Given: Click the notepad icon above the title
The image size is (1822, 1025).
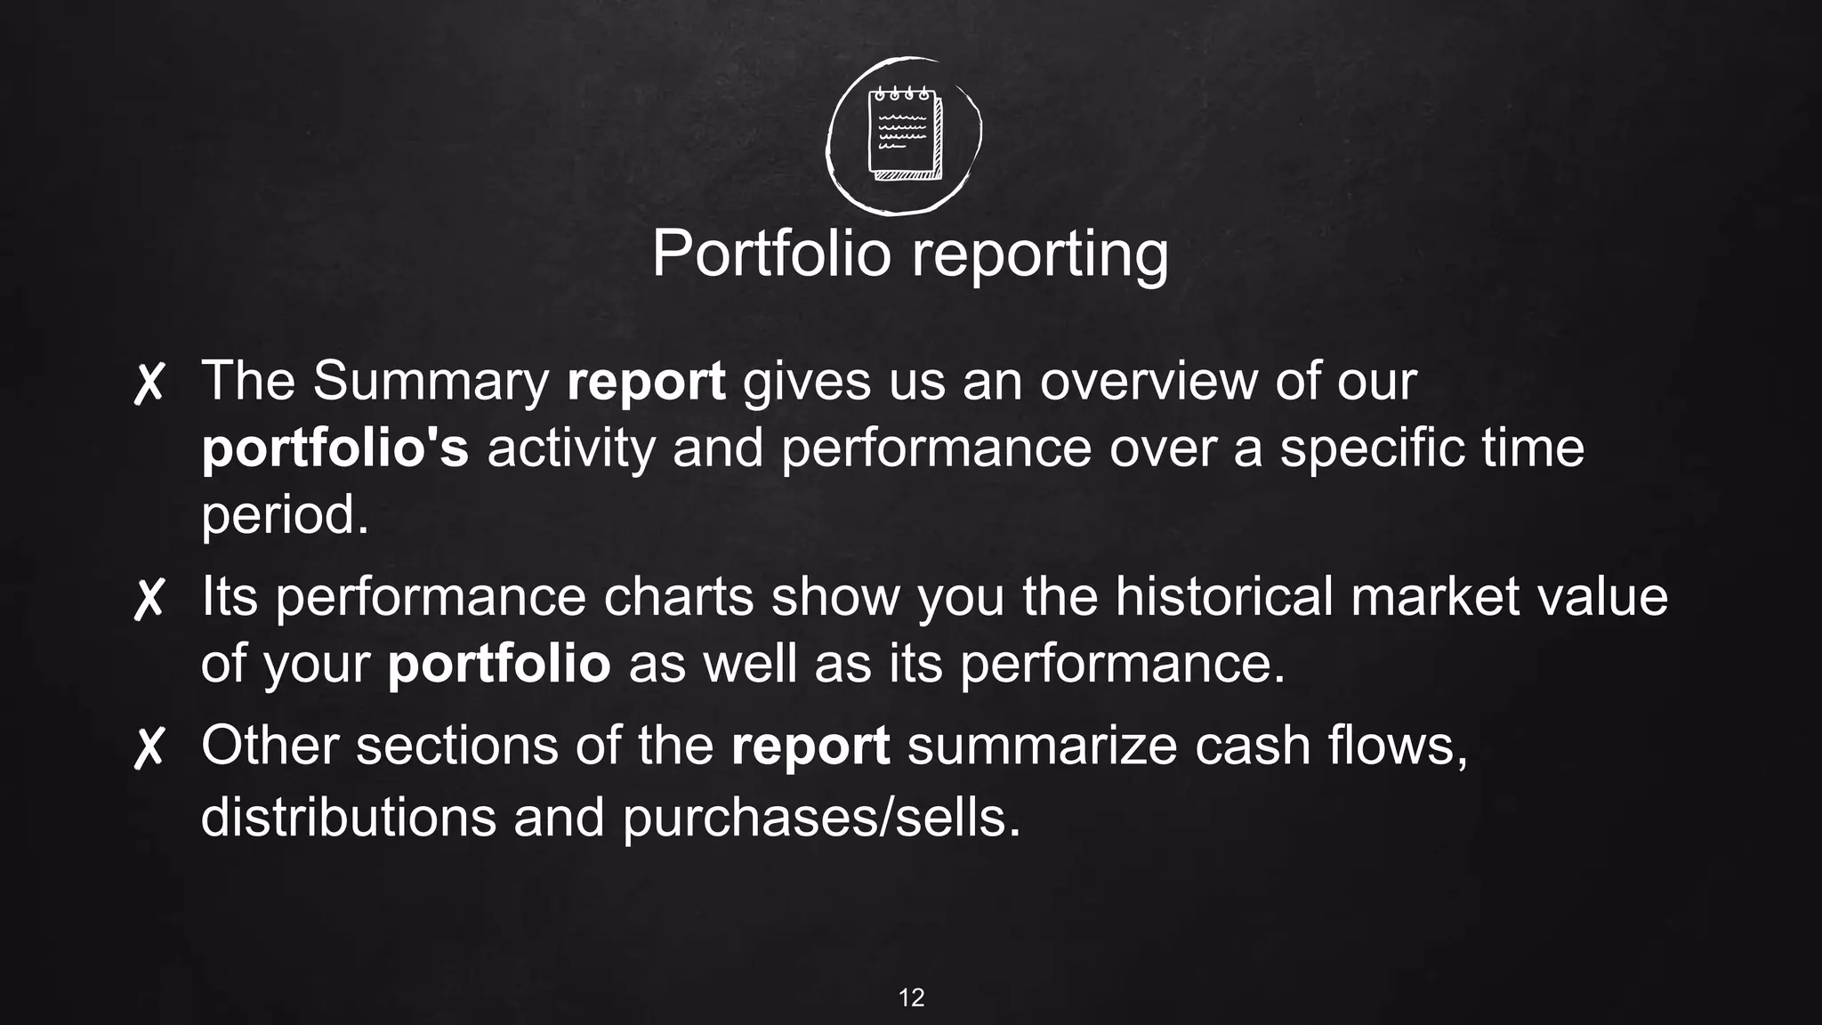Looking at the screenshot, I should pos(904,133).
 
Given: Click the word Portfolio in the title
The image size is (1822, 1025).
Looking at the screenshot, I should pos(771,254).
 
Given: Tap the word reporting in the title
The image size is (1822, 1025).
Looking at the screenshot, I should pos(1039,255).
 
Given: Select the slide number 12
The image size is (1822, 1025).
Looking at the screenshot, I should pos(911,997).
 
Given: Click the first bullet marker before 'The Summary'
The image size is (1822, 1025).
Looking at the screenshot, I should pos(149,383).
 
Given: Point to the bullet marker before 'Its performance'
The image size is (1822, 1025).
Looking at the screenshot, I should pos(149,598).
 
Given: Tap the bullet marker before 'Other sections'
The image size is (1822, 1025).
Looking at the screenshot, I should pos(149,747).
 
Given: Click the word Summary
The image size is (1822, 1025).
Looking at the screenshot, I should pos(431,383).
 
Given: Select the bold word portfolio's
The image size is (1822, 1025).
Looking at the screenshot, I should pos(335,448).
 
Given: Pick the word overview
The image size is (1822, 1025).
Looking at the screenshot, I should pos(1149,381).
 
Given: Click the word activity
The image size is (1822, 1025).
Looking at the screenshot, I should pos(570,448).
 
